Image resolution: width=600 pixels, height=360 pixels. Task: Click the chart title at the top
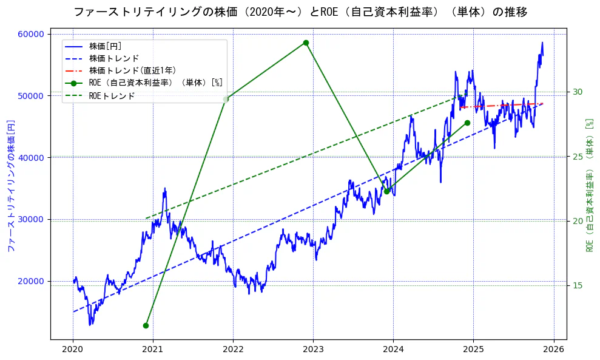[x=300, y=12]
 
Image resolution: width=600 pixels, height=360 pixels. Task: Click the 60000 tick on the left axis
[x=34, y=34]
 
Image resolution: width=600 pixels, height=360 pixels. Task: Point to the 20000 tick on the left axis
[x=34, y=281]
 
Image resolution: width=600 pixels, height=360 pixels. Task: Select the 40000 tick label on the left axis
[x=34, y=158]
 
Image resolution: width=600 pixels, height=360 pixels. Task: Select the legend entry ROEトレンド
[x=112, y=95]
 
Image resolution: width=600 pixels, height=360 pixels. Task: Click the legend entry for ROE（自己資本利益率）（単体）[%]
[x=155, y=83]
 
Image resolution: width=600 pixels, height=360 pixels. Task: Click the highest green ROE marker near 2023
[x=306, y=42]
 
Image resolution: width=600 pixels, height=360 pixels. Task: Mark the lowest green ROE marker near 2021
[x=146, y=325]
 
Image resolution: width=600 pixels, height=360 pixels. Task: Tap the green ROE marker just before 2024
[x=386, y=191]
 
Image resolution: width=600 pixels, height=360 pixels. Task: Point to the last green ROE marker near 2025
[x=467, y=123]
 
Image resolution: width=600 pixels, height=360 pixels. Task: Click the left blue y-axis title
[x=10, y=185]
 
